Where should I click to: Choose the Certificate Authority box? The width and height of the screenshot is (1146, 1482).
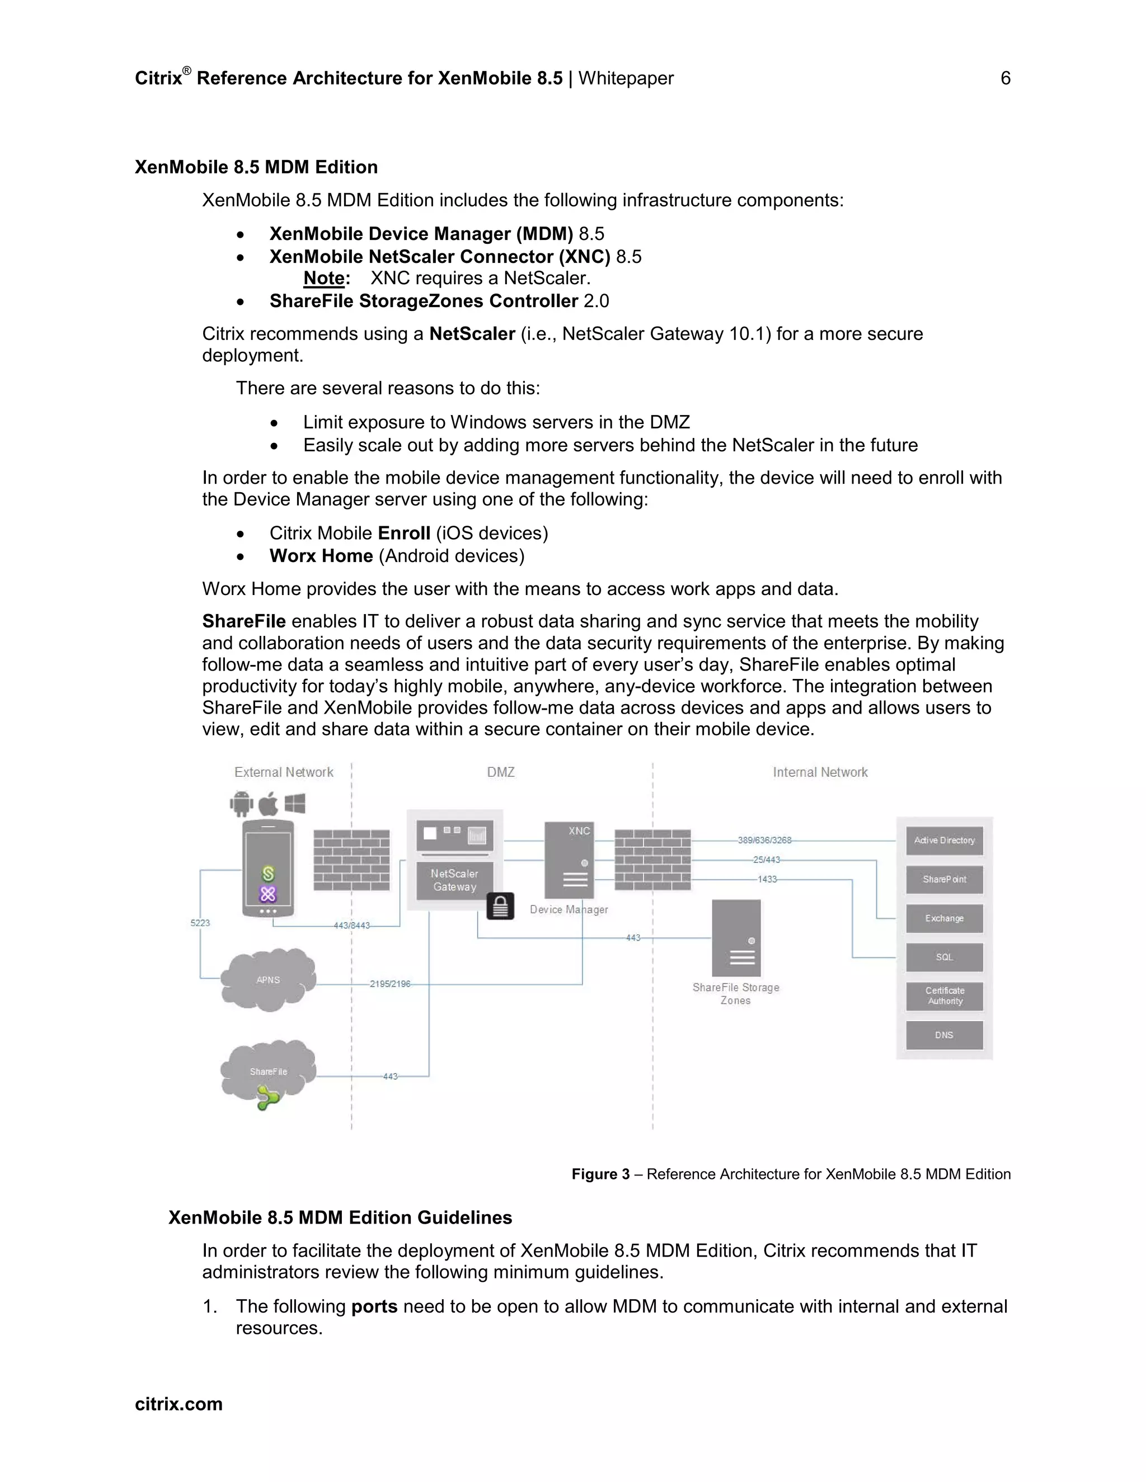(945, 995)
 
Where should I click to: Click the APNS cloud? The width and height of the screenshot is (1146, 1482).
(268, 979)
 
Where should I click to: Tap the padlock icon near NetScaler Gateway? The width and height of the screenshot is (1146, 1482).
(500, 906)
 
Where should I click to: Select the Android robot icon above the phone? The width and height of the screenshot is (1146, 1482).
(241, 804)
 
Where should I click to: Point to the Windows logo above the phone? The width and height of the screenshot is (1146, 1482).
(295, 804)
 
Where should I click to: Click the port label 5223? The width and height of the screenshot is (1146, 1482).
(200, 923)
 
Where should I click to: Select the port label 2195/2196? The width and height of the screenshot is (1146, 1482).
(389, 984)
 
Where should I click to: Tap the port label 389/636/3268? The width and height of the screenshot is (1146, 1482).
(764, 840)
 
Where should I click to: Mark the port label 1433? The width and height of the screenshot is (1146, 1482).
(767, 880)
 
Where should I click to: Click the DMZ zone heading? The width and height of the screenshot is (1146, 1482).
(500, 772)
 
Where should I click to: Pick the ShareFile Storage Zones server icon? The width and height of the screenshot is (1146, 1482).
(736, 938)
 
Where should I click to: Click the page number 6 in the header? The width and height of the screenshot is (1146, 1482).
(1006, 78)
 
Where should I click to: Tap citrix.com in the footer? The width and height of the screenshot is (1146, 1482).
(179, 1404)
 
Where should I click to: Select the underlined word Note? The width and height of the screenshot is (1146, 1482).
(324, 278)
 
